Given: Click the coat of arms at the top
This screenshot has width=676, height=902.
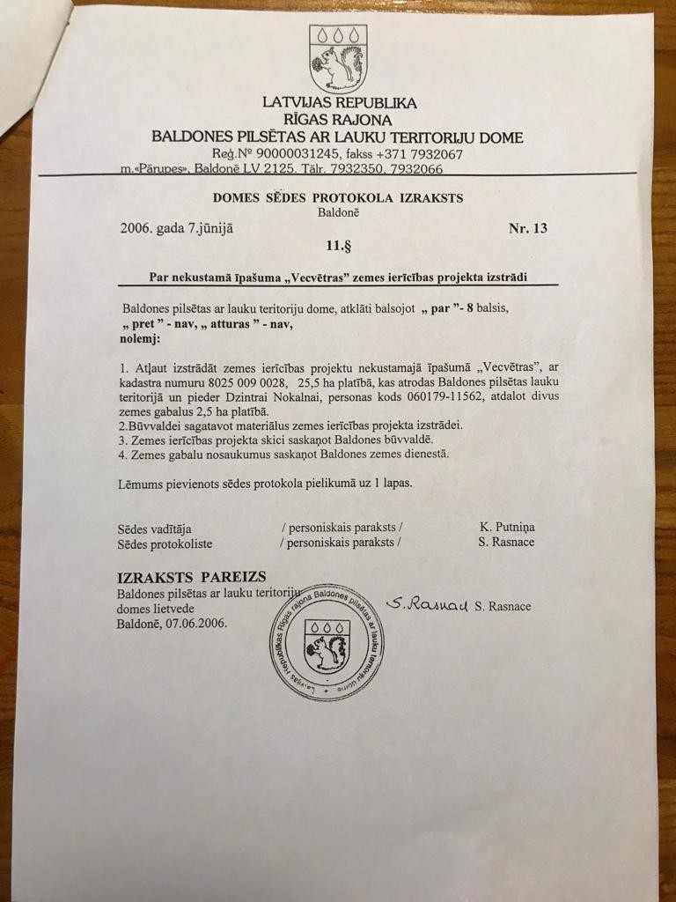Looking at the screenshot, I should point(337,58).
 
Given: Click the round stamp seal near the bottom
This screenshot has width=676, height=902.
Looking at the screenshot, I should point(327,641).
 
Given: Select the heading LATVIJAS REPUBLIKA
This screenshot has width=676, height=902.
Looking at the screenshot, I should point(339,102).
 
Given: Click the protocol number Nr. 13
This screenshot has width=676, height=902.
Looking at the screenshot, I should point(528,229).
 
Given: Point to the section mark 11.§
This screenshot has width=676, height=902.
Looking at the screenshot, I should point(338,247).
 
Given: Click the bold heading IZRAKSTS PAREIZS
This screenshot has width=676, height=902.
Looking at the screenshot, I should point(191,577).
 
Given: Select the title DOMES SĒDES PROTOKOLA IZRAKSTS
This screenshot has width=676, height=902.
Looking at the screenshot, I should point(338,197).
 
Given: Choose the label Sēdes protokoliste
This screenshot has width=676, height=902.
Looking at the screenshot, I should point(165,543).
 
